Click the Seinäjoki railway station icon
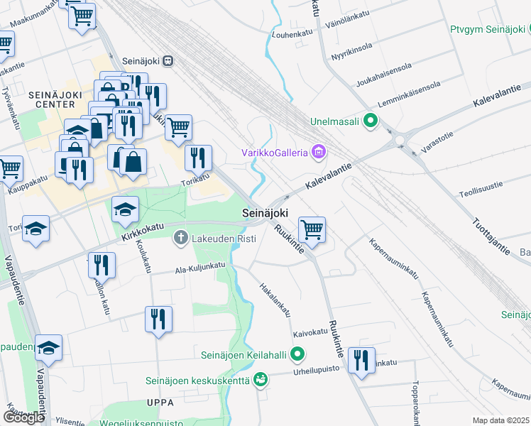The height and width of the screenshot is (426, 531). pyautogui.click(x=168, y=61)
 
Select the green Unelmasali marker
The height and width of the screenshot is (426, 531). pyautogui.click(x=369, y=121)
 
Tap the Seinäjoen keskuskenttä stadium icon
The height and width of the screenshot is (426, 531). pyautogui.click(x=261, y=381)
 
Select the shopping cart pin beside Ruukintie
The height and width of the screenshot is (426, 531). pyautogui.click(x=312, y=229)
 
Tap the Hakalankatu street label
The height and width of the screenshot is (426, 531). pyautogui.click(x=275, y=298)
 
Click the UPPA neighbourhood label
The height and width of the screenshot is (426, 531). pyautogui.click(x=160, y=403)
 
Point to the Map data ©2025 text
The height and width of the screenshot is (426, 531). pyautogui.click(x=500, y=420)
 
